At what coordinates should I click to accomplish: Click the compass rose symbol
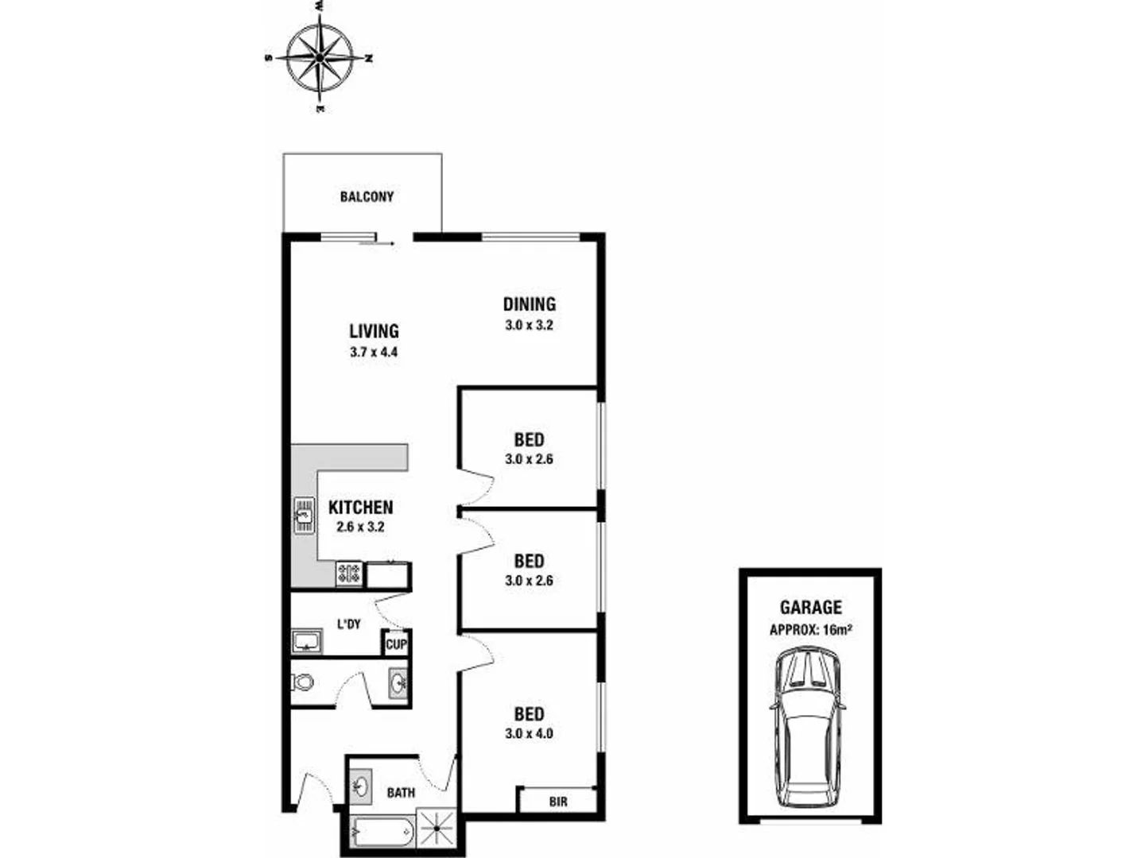pyautogui.click(x=319, y=57)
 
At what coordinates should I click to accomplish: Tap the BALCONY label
pyautogui.click(x=367, y=196)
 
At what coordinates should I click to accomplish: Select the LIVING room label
pyautogui.click(x=374, y=330)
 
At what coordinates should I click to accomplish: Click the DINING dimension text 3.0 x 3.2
pyautogui.click(x=529, y=325)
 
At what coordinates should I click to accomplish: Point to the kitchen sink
pyautogui.click(x=303, y=514)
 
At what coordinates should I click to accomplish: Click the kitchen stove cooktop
pyautogui.click(x=349, y=573)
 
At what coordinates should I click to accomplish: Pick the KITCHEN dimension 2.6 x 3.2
pyautogui.click(x=360, y=527)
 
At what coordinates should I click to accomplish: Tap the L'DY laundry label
pyautogui.click(x=349, y=624)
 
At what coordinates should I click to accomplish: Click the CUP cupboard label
pyautogui.click(x=396, y=644)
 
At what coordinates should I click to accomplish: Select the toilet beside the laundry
pyautogui.click(x=302, y=682)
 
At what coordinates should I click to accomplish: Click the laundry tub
pyautogui.click(x=306, y=640)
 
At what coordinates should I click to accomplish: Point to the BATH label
pyautogui.click(x=401, y=792)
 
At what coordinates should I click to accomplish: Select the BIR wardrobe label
pyautogui.click(x=558, y=802)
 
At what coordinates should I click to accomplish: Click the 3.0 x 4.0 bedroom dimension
pyautogui.click(x=529, y=733)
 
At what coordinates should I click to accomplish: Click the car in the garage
pyautogui.click(x=809, y=727)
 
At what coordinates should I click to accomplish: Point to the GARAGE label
pyautogui.click(x=810, y=608)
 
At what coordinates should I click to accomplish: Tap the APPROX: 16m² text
pyautogui.click(x=810, y=630)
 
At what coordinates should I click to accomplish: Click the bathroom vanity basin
pyautogui.click(x=362, y=786)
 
